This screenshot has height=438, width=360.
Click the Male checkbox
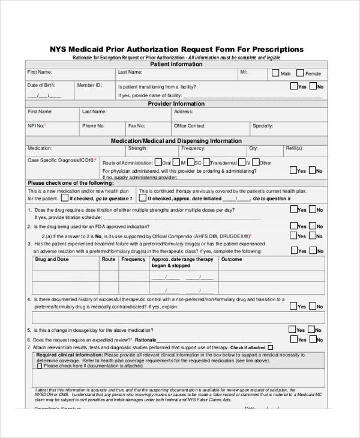pos(275,73)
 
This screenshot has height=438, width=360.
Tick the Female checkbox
pos(301,73)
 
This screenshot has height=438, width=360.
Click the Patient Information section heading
pos(176,64)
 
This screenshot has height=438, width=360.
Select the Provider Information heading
pos(176,104)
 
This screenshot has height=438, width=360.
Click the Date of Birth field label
pos(43,86)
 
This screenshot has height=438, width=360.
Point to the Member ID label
pos(89,86)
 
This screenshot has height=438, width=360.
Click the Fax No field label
pos(136,126)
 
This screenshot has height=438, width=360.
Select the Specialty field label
pos(263,126)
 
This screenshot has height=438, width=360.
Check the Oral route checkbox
pos(157,162)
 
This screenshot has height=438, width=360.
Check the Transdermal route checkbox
pos(206,162)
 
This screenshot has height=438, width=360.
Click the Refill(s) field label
pos(294,148)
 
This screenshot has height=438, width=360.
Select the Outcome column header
pos(231,260)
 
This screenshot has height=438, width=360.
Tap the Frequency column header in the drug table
pos(134,260)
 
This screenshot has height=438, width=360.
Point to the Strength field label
pos(137,148)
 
